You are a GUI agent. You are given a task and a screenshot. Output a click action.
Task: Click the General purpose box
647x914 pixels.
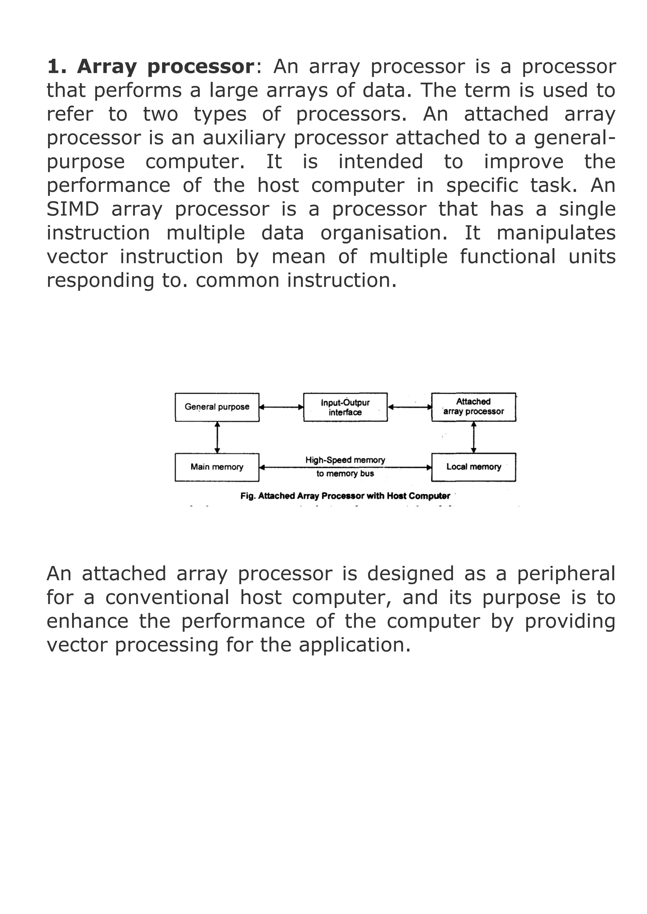click(217, 407)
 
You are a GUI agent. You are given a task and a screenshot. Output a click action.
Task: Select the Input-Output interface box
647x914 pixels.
click(345, 407)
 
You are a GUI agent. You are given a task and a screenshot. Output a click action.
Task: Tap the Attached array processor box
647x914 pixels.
click(474, 407)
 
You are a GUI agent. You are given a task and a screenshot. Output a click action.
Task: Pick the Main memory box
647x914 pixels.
click(217, 467)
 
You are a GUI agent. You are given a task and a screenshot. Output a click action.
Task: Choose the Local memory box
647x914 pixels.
click(474, 467)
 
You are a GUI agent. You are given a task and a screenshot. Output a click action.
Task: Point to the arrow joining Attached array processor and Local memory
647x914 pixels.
click(474, 437)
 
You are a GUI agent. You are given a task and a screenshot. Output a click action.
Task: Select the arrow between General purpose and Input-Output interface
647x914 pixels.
click(281, 407)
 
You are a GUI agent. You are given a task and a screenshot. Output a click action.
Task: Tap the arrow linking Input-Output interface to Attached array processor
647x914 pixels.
click(409, 407)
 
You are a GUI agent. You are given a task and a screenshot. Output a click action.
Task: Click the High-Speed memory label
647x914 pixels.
click(345, 460)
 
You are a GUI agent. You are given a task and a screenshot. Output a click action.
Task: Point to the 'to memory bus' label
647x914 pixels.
click(345, 474)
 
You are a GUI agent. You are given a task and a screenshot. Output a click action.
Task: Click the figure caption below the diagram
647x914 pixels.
click(345, 496)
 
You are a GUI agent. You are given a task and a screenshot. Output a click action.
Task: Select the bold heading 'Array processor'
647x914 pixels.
click(165, 67)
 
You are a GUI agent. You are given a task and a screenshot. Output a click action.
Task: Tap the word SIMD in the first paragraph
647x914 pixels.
click(73, 209)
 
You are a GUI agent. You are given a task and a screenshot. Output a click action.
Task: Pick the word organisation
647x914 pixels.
click(384, 233)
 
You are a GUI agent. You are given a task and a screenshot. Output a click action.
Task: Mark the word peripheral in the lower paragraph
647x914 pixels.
click(566, 574)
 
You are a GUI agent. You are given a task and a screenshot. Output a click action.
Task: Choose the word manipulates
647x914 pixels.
click(556, 233)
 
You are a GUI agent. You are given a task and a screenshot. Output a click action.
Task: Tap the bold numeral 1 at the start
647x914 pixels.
click(53, 67)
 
